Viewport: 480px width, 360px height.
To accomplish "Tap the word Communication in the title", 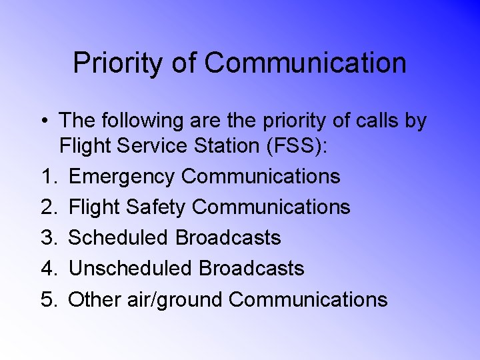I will (x=305, y=63).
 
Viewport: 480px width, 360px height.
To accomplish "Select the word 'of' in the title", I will (x=183, y=63).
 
